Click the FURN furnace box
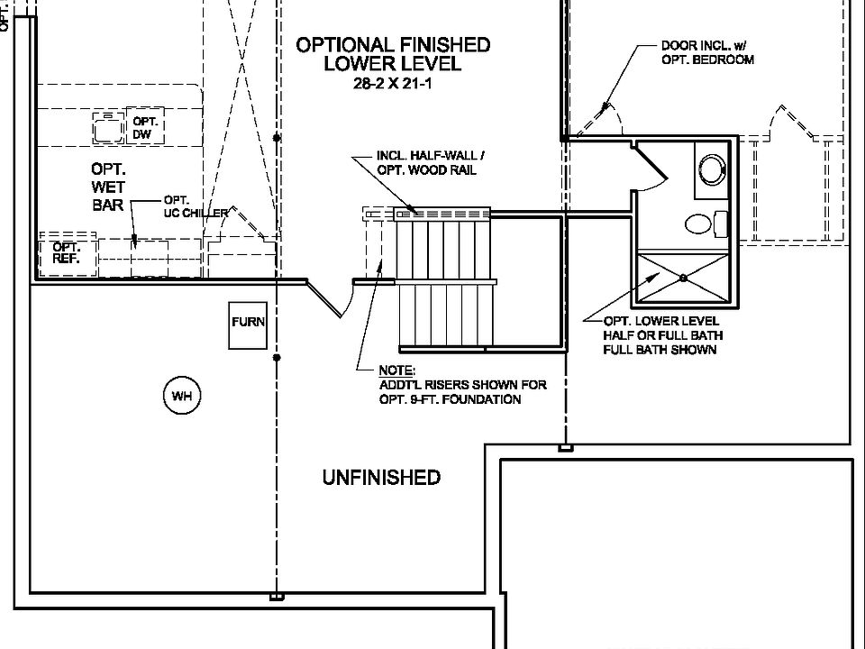[x=248, y=323]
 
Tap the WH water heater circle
[x=181, y=396]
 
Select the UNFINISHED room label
[x=381, y=478]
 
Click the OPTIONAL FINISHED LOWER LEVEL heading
[x=393, y=53]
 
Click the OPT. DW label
[x=145, y=127]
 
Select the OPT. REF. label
[x=66, y=252]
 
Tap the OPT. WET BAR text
[x=108, y=187]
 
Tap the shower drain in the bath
[x=683, y=278]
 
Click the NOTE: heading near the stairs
[x=396, y=370]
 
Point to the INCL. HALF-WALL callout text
[x=426, y=162]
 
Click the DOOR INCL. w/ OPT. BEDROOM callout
[x=707, y=52]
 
